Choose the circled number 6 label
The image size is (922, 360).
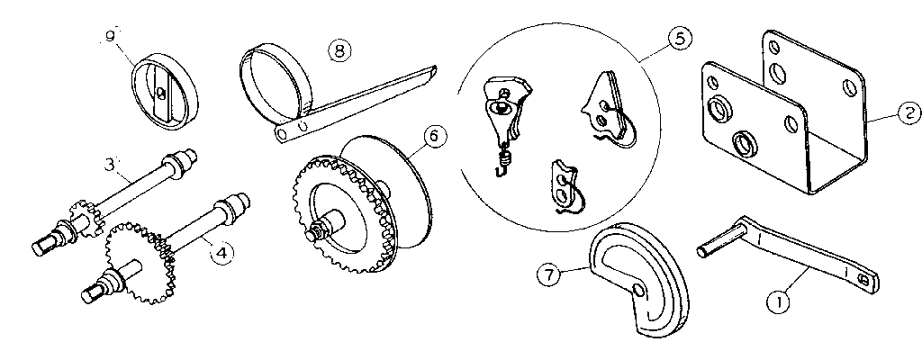point(433,136)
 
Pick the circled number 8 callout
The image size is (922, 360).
point(339,49)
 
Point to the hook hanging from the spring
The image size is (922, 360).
point(503,163)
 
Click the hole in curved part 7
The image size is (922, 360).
point(638,290)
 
